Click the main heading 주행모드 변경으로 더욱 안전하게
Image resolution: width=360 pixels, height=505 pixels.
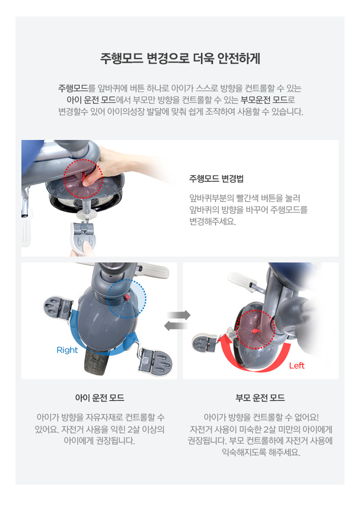[x=180, y=59]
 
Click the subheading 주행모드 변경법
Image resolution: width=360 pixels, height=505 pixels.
[x=216, y=179]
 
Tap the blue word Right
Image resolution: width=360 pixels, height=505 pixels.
[x=67, y=350]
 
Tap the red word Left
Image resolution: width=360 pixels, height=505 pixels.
[x=296, y=366]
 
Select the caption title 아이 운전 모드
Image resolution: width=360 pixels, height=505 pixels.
[x=100, y=398]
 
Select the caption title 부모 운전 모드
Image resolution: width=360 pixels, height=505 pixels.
[x=260, y=398]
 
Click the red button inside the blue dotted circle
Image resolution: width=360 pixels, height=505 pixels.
[x=127, y=297]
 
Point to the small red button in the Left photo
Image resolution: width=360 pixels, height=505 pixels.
[x=255, y=331]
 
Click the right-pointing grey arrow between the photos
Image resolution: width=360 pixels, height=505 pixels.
[x=179, y=314]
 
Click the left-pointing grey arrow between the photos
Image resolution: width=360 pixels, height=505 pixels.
[x=176, y=326]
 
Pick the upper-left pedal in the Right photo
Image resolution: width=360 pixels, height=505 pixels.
[x=58, y=307]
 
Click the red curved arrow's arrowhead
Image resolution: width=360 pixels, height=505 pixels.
[x=224, y=339]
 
